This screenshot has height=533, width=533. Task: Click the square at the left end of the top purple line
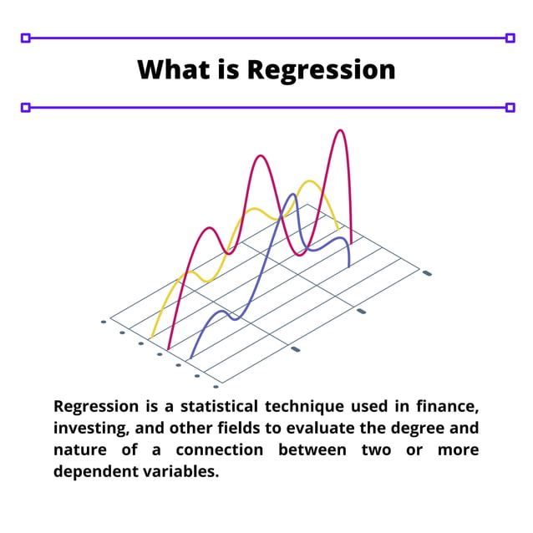click(x=25, y=38)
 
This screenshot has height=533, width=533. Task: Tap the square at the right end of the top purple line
click(x=510, y=38)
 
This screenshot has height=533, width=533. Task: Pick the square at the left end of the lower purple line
click(x=25, y=107)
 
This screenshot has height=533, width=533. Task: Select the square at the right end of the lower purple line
click(x=510, y=107)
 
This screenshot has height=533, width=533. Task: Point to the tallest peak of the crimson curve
click(x=339, y=131)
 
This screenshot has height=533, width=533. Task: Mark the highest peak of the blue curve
click(x=292, y=195)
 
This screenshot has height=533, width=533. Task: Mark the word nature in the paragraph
click(x=79, y=450)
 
